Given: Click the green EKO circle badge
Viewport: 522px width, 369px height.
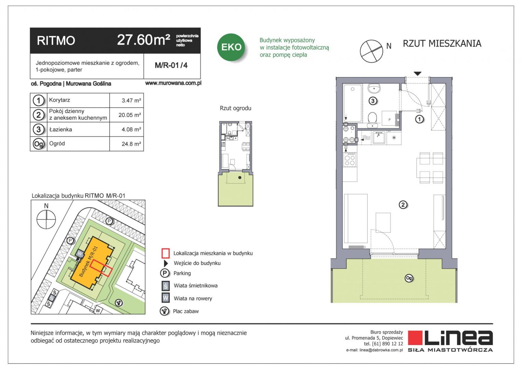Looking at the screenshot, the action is tap(231, 47).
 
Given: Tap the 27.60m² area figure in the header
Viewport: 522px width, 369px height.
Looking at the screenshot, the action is tap(143, 40).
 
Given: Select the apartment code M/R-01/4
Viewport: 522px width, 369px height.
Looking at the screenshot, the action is tap(171, 65).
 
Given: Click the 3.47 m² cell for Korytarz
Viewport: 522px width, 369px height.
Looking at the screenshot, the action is tap(131, 100).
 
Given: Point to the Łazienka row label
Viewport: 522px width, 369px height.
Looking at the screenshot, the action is tap(60, 129).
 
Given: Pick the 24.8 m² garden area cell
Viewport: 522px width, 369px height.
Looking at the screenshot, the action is tap(131, 144).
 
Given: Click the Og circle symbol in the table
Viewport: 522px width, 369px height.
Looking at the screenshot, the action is tap(39, 144).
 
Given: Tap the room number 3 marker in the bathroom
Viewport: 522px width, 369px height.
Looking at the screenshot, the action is tap(373, 101).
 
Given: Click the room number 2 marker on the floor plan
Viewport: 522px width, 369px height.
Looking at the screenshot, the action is tap(403, 205).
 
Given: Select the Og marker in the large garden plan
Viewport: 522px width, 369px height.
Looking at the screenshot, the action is tap(409, 278).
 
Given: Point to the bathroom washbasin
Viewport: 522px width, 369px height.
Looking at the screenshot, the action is tap(374, 88).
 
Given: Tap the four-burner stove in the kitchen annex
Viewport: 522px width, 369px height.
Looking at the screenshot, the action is tap(350, 160).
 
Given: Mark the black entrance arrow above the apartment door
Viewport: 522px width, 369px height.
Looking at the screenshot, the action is tap(417, 74).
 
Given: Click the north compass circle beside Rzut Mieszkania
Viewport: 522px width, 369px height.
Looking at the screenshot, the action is tap(371, 51).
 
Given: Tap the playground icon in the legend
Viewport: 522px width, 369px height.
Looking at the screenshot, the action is tap(165, 311).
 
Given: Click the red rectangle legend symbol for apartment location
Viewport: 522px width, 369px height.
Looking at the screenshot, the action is tap(165, 254).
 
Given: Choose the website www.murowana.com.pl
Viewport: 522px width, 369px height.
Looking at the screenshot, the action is tap(173, 83).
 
